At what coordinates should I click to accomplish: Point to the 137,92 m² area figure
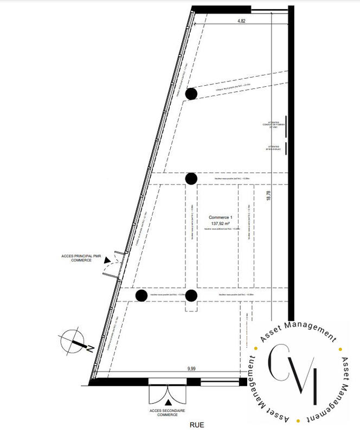(221, 222)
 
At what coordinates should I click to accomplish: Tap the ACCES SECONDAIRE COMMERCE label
(168, 413)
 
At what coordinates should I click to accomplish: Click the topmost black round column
(191, 94)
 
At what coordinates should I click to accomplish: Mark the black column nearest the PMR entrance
(141, 295)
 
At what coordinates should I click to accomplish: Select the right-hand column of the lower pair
(191, 295)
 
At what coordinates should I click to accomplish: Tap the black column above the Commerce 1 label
(191, 178)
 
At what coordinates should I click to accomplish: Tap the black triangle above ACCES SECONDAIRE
(168, 402)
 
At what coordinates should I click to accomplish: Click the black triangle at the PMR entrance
(107, 261)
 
